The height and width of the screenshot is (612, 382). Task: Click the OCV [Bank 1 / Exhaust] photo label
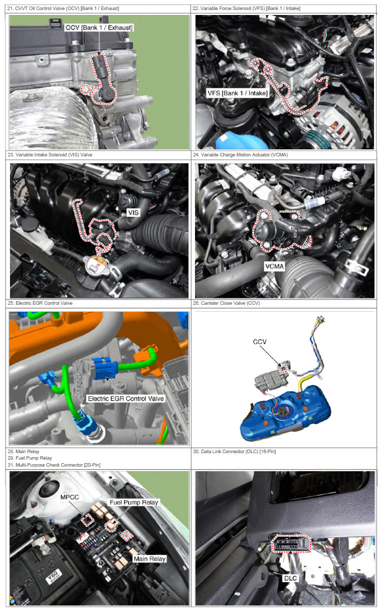98,27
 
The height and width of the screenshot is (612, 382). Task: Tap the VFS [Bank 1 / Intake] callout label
237,93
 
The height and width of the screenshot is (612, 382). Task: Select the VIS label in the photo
133,212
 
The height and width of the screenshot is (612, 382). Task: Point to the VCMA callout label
274,266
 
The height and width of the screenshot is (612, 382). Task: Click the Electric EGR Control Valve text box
126,399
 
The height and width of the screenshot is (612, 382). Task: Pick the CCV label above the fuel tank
259,342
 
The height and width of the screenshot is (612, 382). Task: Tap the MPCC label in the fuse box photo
69,497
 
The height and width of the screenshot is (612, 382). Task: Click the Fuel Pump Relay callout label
134,502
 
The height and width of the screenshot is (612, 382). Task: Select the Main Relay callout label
149,559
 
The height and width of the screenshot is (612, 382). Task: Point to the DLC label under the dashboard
290,578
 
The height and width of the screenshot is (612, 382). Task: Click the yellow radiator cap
97,264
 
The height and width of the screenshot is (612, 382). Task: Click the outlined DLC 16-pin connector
291,543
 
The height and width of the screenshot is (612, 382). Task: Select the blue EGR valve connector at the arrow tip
104,368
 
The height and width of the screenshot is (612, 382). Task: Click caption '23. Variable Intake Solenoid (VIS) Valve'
50,155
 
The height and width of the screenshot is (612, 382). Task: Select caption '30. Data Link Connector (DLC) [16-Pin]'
234,451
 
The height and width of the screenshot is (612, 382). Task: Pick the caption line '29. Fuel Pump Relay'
30,458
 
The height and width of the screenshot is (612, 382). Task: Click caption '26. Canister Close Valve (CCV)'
226,303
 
